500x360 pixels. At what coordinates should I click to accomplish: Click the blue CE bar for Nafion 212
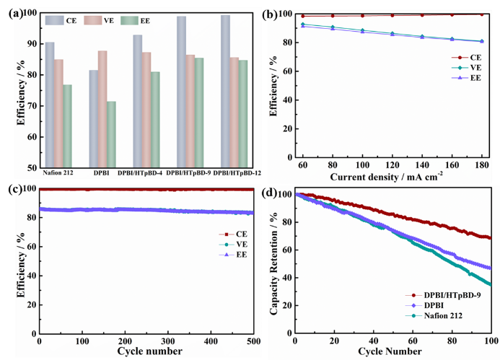[49, 105]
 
